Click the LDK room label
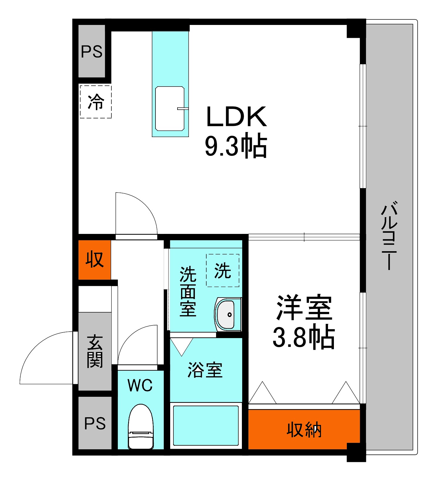(x=237, y=117)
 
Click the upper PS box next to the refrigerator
(x=92, y=52)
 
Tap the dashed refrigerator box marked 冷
(x=96, y=102)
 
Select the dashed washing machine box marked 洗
(x=222, y=270)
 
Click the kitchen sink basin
(x=170, y=108)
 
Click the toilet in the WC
(x=141, y=427)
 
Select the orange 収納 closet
(x=304, y=430)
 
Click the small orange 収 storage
(x=95, y=259)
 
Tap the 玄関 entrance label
(x=95, y=351)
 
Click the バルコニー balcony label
(x=389, y=235)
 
